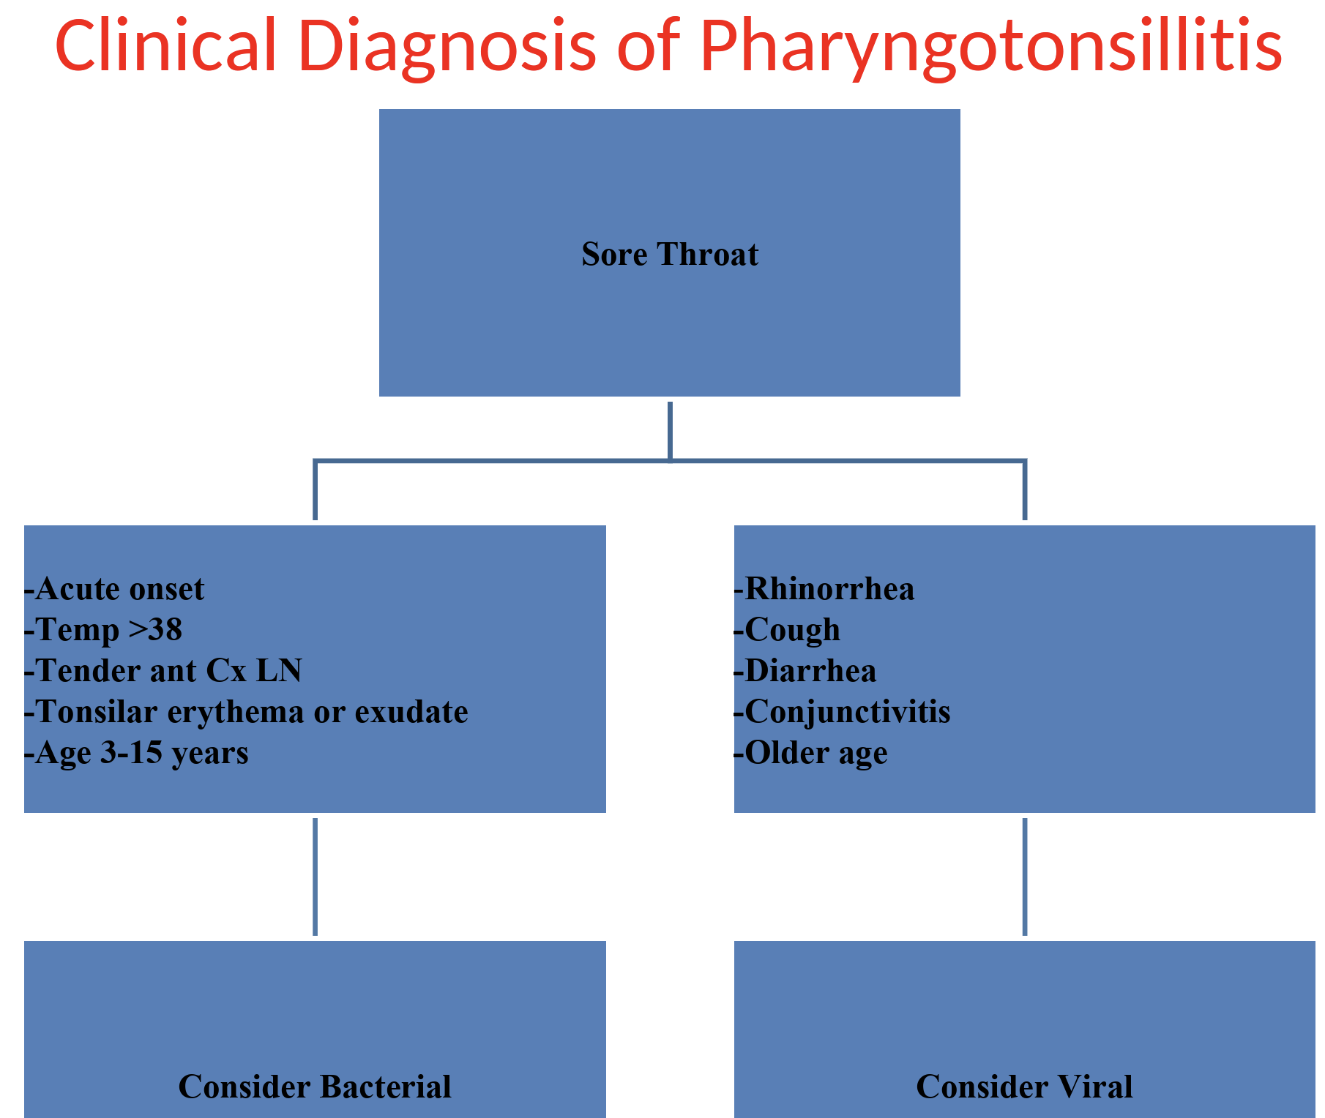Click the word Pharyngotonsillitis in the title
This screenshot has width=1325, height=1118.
pos(990,45)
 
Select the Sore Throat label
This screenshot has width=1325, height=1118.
pos(670,255)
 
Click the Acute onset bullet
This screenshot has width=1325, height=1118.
pos(115,589)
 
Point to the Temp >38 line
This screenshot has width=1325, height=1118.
pos(103,630)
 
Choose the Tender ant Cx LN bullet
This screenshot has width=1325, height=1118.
pos(163,671)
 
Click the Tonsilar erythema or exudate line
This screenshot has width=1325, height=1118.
pos(247,712)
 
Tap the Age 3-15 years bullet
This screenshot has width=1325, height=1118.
pos(137,753)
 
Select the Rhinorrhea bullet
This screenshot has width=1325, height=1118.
pos(824,589)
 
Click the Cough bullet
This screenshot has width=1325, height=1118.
pos(787,630)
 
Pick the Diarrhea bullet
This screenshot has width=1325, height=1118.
pos(805,671)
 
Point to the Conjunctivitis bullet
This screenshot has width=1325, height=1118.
pos(843,712)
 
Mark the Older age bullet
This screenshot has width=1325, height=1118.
pos(811,753)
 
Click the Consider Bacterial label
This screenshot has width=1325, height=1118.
pos(315,1087)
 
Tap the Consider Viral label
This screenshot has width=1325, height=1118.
pos(1024,1087)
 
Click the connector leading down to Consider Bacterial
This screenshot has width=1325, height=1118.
pos(315,877)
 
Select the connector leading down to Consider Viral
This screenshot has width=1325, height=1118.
pos(1025,877)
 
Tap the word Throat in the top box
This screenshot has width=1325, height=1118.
pos(708,255)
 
